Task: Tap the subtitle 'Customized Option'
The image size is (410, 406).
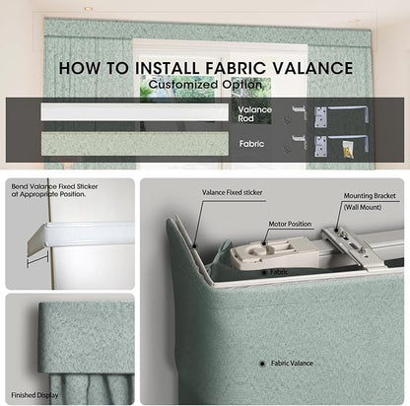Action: pos(205,85)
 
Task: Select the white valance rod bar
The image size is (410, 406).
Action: pos(135,112)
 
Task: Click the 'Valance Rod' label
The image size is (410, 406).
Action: pos(255,114)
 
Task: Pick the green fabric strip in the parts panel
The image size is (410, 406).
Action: pos(135,144)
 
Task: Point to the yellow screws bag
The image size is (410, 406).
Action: pos(349,149)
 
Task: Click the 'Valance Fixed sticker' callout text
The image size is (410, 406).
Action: pos(232,192)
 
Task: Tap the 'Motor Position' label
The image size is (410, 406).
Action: pos(290,224)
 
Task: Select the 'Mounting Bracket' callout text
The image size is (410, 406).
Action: pos(370,196)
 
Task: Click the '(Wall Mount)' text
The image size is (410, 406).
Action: pos(363,207)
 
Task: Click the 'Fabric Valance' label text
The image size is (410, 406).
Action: pos(292,364)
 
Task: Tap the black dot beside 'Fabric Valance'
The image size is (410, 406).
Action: pos(262,364)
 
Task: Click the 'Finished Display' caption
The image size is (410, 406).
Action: pos(34,395)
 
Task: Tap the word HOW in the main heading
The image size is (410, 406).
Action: pos(80,68)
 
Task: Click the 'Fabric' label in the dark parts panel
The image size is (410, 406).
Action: pos(251,144)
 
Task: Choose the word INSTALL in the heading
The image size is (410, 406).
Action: pos(168,68)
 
